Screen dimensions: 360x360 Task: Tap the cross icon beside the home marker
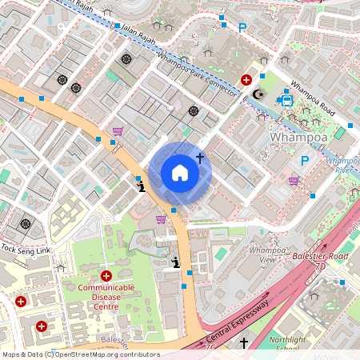pyautogui.click(x=199, y=160)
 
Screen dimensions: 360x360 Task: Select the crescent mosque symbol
pyautogui.click(x=258, y=94)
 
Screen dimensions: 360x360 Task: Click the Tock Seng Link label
pyautogui.click(x=26, y=249)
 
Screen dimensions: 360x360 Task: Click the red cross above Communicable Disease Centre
pyautogui.click(x=106, y=275)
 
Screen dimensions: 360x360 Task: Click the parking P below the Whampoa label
pyautogui.click(x=304, y=160)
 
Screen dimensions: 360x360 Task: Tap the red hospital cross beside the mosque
pyautogui.click(x=246, y=81)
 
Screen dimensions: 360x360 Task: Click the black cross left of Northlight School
pyautogui.click(x=244, y=343)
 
